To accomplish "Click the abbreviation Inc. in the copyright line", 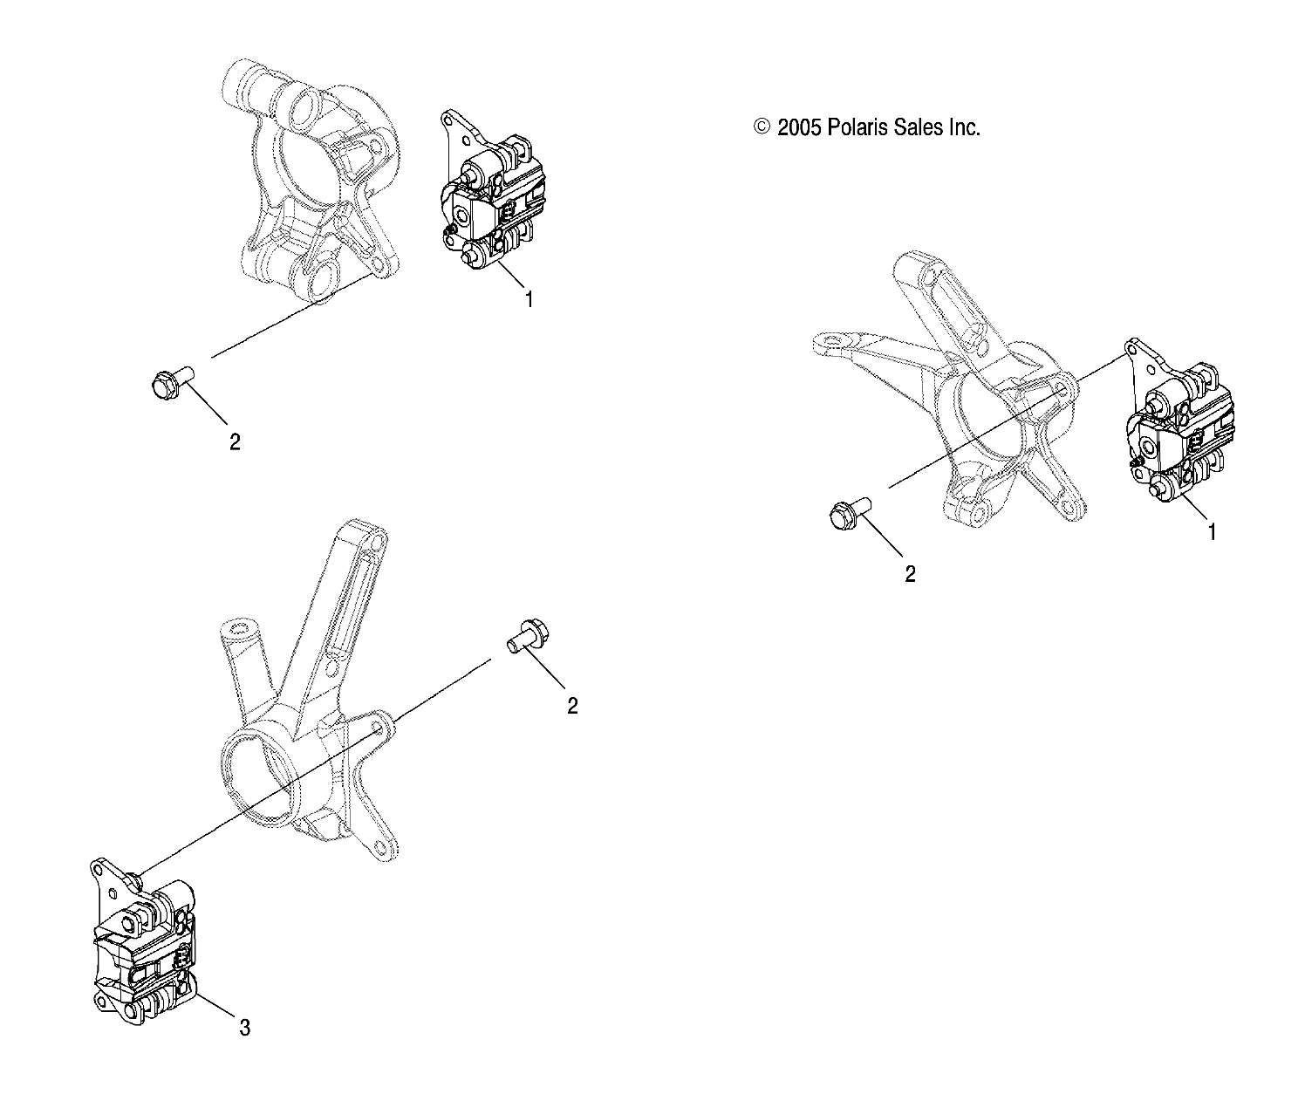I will tap(964, 127).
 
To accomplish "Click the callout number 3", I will tap(245, 1029).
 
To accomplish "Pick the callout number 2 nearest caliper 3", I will tap(572, 706).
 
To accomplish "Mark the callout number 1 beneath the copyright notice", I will tap(1211, 531).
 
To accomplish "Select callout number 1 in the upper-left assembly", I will tap(529, 299).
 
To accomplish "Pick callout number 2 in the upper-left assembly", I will tap(234, 441).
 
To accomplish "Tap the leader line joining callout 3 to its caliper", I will tap(215, 1008).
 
